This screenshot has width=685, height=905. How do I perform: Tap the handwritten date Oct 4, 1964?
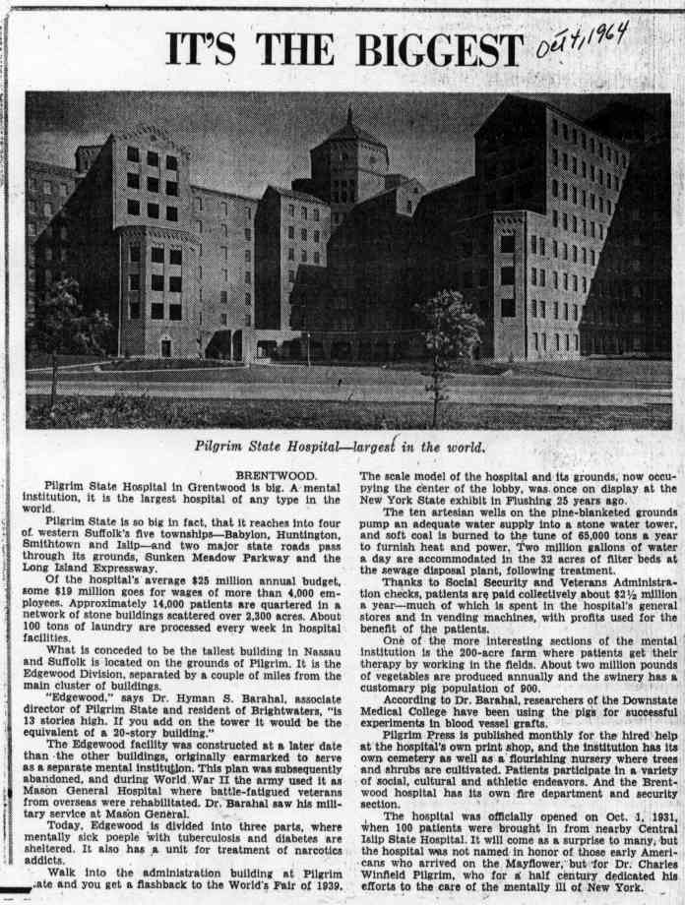coord(582,40)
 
